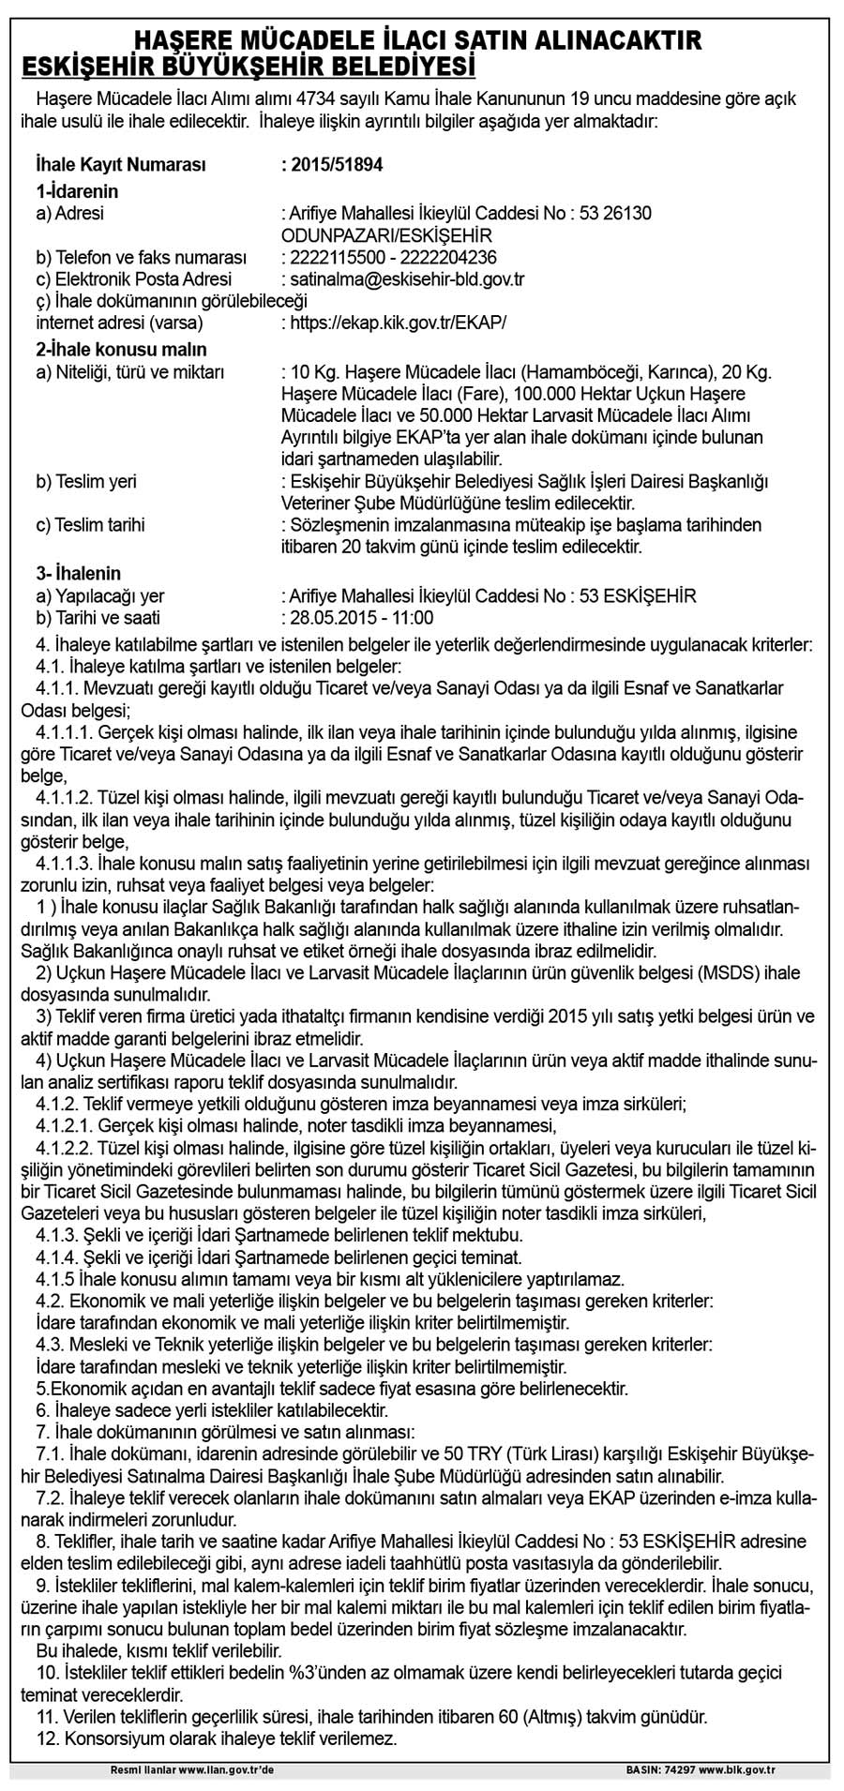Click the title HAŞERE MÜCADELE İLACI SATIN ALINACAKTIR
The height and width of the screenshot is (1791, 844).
click(418, 40)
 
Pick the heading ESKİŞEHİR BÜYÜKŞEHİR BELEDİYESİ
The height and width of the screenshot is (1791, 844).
click(249, 68)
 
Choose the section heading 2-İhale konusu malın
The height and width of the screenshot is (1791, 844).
click(109, 350)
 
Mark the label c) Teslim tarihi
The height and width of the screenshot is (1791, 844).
click(91, 525)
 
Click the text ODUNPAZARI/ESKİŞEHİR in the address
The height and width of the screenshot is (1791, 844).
click(386, 235)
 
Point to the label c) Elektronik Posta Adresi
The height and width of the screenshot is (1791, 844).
click(133, 279)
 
